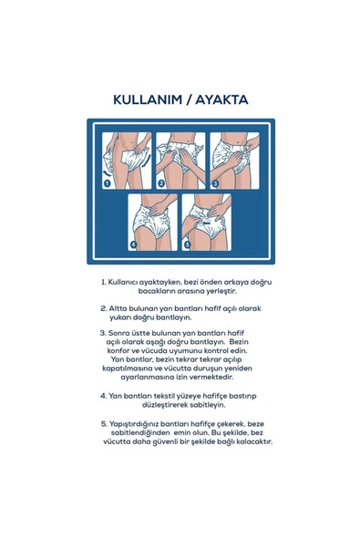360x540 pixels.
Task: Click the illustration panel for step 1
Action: point(127,160)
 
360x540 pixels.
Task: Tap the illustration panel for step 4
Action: point(153,221)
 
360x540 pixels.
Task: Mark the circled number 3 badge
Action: point(215,182)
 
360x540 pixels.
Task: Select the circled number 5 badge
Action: point(188,244)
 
